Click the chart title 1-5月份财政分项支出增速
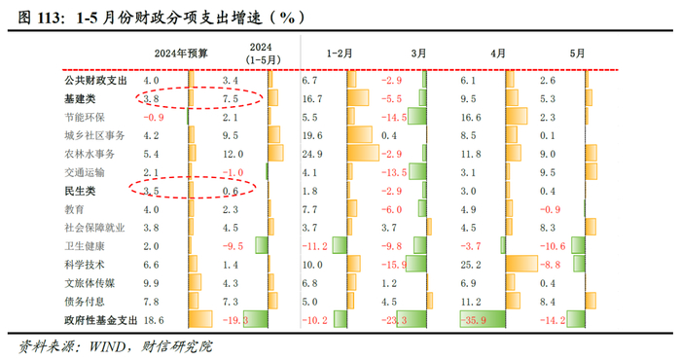coord(195,17)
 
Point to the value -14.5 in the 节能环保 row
coord(394,117)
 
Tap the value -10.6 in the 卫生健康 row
coord(551,245)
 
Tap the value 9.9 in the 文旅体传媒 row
coord(151,282)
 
